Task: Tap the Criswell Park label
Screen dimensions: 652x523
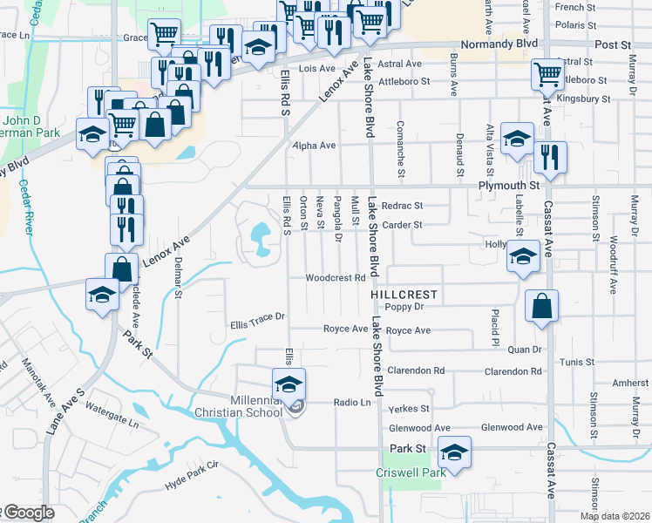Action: click(x=411, y=472)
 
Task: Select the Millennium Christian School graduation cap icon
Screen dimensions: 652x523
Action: click(x=289, y=383)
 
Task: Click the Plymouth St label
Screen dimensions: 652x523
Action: click(x=508, y=186)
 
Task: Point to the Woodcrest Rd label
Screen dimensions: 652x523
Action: click(x=334, y=278)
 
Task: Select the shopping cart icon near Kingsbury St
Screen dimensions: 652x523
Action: click(x=547, y=74)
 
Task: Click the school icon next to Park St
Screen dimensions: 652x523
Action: click(x=454, y=452)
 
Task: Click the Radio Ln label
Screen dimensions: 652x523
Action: click(x=352, y=403)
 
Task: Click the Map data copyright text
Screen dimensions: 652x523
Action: click(x=615, y=516)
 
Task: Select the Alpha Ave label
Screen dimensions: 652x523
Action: click(x=314, y=146)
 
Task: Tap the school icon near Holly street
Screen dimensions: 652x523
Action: click(x=523, y=257)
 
